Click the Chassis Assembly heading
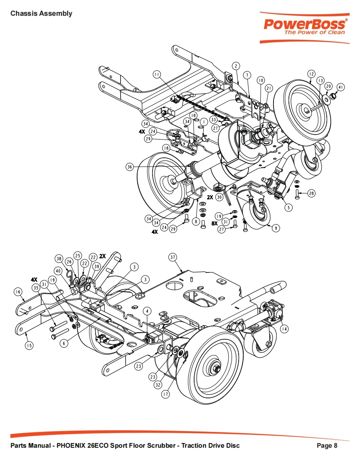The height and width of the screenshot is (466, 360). pyautogui.click(x=41, y=14)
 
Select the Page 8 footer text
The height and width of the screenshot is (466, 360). pyautogui.click(x=327, y=446)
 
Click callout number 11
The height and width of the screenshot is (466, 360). pyautogui.click(x=157, y=74)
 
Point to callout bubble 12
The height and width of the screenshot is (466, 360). pyautogui.click(x=311, y=74)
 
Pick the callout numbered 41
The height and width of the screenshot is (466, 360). pyautogui.click(x=341, y=87)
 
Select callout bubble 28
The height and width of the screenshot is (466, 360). pyautogui.click(x=311, y=194)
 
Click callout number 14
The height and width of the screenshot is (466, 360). pyautogui.click(x=284, y=329)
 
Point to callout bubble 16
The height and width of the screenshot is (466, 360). pyautogui.click(x=17, y=292)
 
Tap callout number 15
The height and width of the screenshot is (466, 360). pyautogui.click(x=29, y=345)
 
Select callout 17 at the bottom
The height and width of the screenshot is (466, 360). pyautogui.click(x=165, y=395)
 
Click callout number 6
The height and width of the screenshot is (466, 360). pyautogui.click(x=63, y=343)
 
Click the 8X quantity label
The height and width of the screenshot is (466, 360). pyautogui.click(x=215, y=223)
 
